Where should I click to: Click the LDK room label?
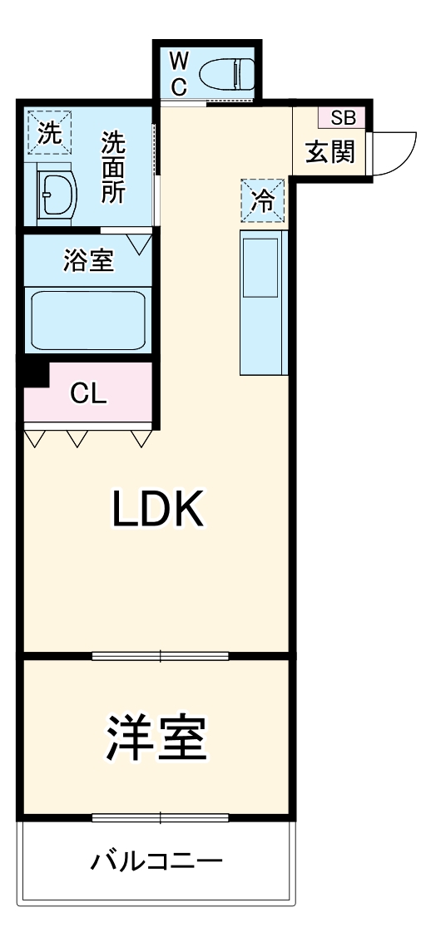157,508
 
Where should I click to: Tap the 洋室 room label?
156,737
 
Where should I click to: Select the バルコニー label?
156,861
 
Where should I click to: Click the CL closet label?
88,394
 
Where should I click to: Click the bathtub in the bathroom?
87,321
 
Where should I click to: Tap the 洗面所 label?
113,167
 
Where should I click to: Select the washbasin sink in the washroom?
57,193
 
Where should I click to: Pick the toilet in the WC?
226,74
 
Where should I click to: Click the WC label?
178,74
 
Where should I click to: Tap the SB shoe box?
342,118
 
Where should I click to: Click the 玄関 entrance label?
329,153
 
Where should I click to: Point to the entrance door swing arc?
405,160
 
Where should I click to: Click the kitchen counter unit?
262,303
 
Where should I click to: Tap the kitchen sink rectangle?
261,268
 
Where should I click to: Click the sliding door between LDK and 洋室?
161,655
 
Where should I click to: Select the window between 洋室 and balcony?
161,818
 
